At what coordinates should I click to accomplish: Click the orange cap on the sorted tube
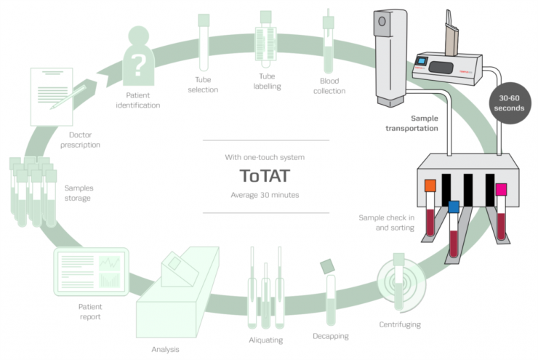(430, 185)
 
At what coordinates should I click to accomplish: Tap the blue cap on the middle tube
(454, 206)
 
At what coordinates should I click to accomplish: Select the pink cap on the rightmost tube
(501, 189)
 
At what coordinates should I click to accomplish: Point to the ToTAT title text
(265, 175)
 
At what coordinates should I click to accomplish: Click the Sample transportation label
(412, 122)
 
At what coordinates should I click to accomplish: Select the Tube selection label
(204, 87)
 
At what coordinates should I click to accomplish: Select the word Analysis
(166, 348)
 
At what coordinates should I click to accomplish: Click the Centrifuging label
(400, 324)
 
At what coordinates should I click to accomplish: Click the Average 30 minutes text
(265, 195)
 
